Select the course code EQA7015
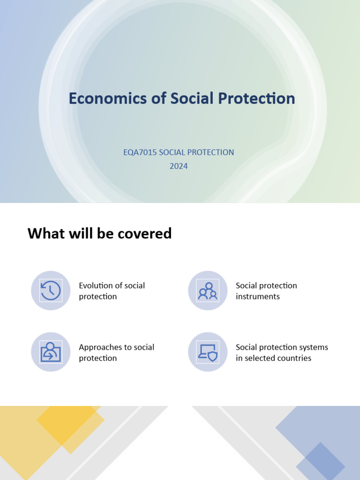click(140, 152)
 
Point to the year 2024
click(179, 166)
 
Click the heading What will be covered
click(99, 233)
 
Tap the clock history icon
click(51, 291)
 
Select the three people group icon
click(208, 291)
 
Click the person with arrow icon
click(51, 352)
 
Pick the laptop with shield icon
click(208, 352)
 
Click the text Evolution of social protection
click(112, 291)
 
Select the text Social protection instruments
click(266, 291)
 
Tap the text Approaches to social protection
click(116, 352)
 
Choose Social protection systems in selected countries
click(282, 352)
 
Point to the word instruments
click(257, 296)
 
